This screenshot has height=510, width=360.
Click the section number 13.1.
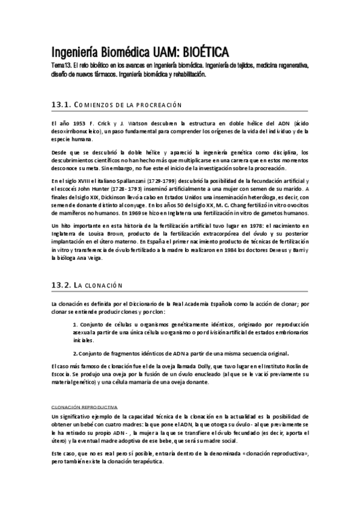[61, 105]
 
